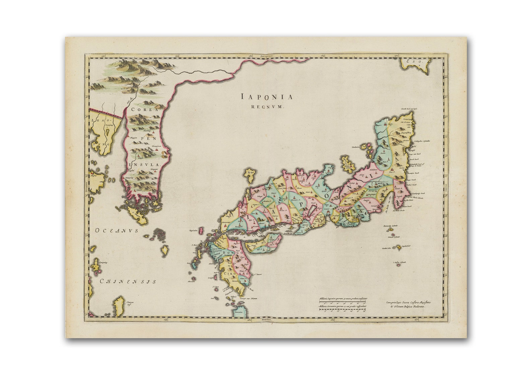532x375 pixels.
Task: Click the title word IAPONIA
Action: [x=267, y=97]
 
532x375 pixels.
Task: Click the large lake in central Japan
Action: [x=310, y=211]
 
